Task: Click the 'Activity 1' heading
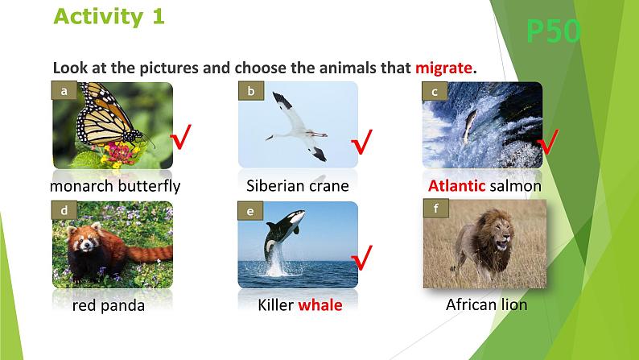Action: pos(109,17)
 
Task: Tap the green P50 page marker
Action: pos(553,31)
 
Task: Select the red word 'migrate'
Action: pos(443,68)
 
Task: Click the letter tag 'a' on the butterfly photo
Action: pos(64,90)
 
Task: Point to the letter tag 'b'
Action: pos(251,90)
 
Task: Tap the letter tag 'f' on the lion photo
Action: pos(436,209)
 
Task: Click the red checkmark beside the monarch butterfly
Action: pos(181,137)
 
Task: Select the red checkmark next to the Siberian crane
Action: pos(361,142)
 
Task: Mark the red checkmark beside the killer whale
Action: pos(361,257)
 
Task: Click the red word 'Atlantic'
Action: pos(456,186)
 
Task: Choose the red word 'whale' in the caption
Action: pos(320,305)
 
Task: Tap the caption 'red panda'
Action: pos(109,305)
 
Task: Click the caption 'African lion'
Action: pos(487,304)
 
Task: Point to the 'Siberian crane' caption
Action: pos(298,186)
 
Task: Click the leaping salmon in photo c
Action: pos(469,125)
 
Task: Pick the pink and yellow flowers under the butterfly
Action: pos(117,154)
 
